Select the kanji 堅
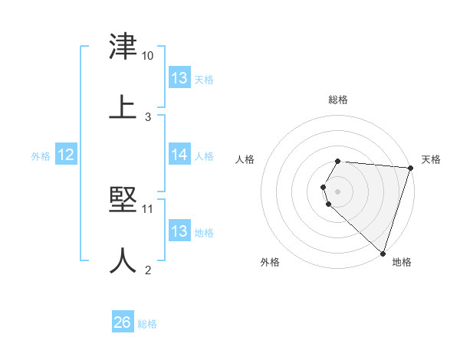point(123,200)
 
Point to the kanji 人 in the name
point(123,260)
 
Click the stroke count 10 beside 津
point(148,56)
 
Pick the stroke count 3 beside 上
point(148,117)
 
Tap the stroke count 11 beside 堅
point(148,208)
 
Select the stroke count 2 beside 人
point(148,270)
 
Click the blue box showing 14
point(179,155)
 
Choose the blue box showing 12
point(66,155)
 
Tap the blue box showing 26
point(123,323)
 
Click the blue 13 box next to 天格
point(179,78)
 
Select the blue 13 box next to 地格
point(179,231)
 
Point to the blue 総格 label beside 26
point(147,324)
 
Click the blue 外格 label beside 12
point(41,155)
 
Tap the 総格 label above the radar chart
point(338,100)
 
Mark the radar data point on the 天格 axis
point(410,168)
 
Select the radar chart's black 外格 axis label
point(270,263)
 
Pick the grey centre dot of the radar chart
point(338,191)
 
